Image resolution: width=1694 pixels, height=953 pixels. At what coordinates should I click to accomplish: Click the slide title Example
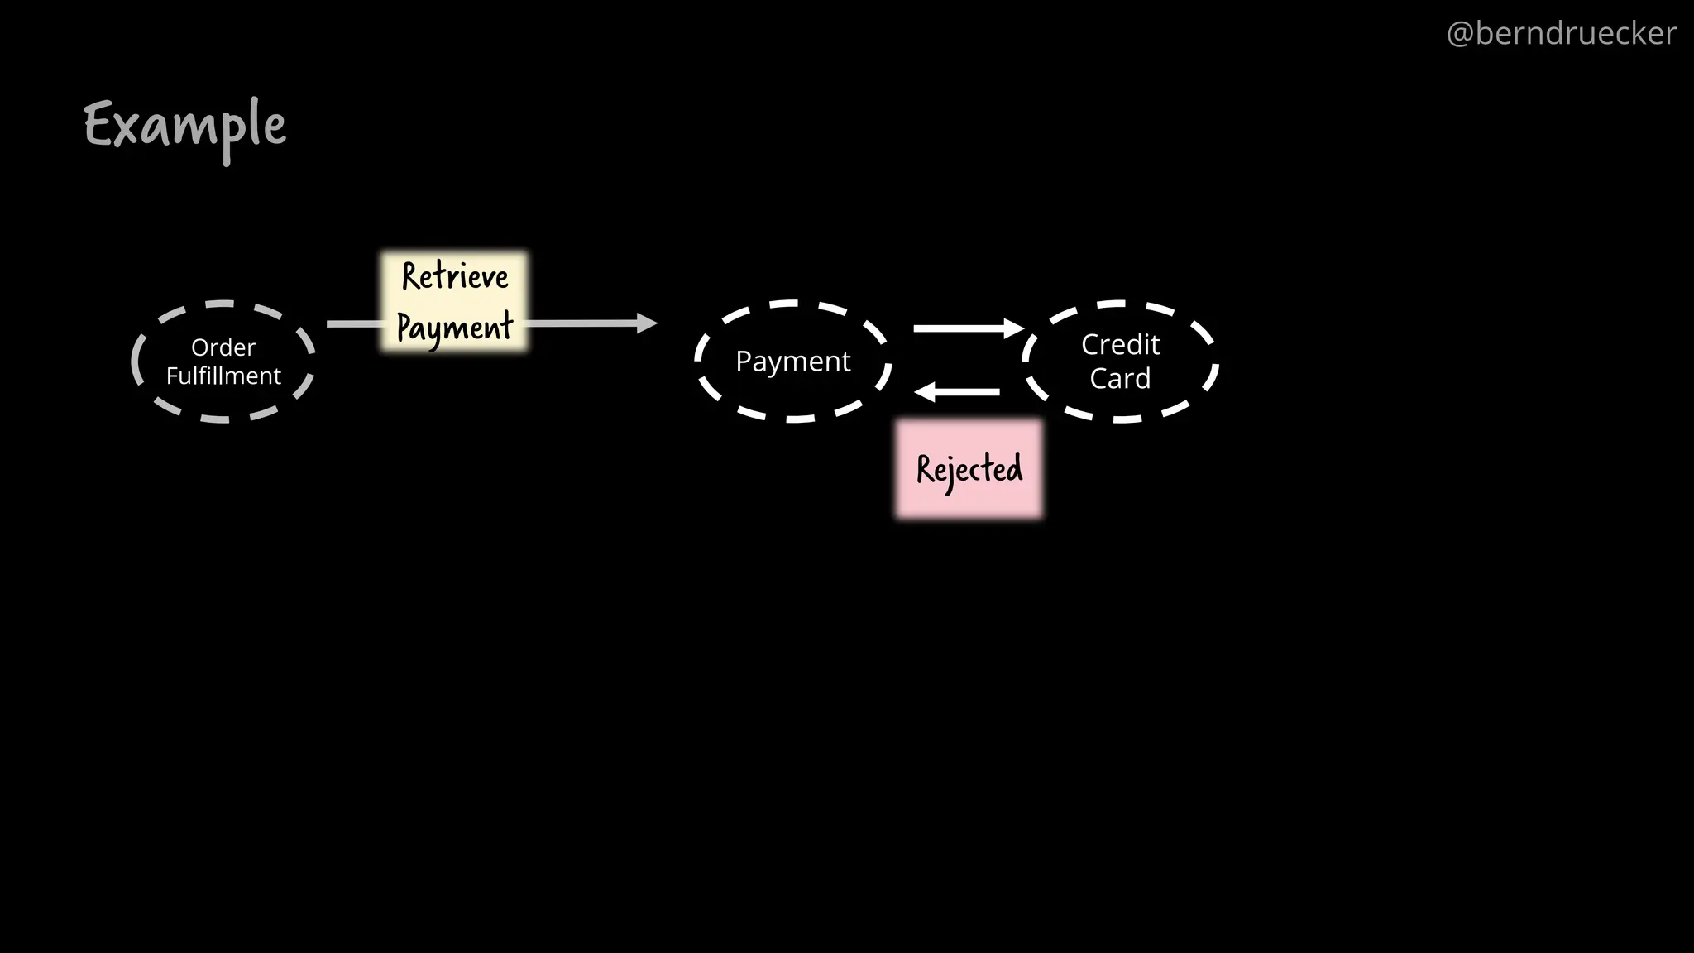(x=185, y=127)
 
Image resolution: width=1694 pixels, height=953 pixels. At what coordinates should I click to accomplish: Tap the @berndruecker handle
(x=1561, y=34)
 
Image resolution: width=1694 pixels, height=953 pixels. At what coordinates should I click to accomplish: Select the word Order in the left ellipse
(x=223, y=347)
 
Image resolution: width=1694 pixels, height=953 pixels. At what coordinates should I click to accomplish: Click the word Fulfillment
(x=223, y=376)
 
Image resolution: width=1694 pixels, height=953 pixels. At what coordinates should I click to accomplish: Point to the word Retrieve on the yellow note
(x=455, y=276)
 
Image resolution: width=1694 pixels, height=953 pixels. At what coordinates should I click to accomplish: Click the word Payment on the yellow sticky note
(x=455, y=327)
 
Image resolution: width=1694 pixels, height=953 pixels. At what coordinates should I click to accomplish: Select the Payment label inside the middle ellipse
(x=792, y=362)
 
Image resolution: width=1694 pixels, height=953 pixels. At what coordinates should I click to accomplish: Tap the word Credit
(x=1120, y=344)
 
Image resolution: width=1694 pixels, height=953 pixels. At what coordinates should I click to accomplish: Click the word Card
(x=1120, y=378)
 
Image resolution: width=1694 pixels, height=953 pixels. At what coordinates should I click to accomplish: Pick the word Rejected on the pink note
(x=969, y=469)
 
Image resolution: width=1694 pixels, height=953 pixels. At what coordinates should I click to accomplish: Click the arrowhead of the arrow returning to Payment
(x=925, y=392)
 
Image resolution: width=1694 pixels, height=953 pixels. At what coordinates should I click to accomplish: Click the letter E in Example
(x=98, y=125)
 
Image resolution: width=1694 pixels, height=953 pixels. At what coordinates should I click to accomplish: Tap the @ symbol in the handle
(x=1460, y=34)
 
